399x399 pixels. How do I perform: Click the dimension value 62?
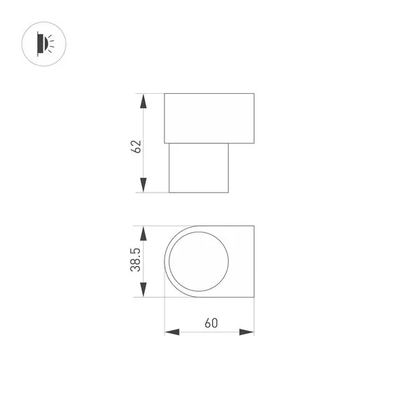point(136,146)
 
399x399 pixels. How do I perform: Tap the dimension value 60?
point(209,323)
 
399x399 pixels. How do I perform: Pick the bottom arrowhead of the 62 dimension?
point(143,185)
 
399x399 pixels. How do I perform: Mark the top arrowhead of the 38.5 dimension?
point(143,233)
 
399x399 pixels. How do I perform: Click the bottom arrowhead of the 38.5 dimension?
point(143,289)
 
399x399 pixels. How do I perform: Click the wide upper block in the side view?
point(209,116)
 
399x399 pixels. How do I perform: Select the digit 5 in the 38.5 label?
point(136,250)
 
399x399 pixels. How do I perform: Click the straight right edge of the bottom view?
point(253,261)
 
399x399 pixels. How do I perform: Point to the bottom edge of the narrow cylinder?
point(199,192)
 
